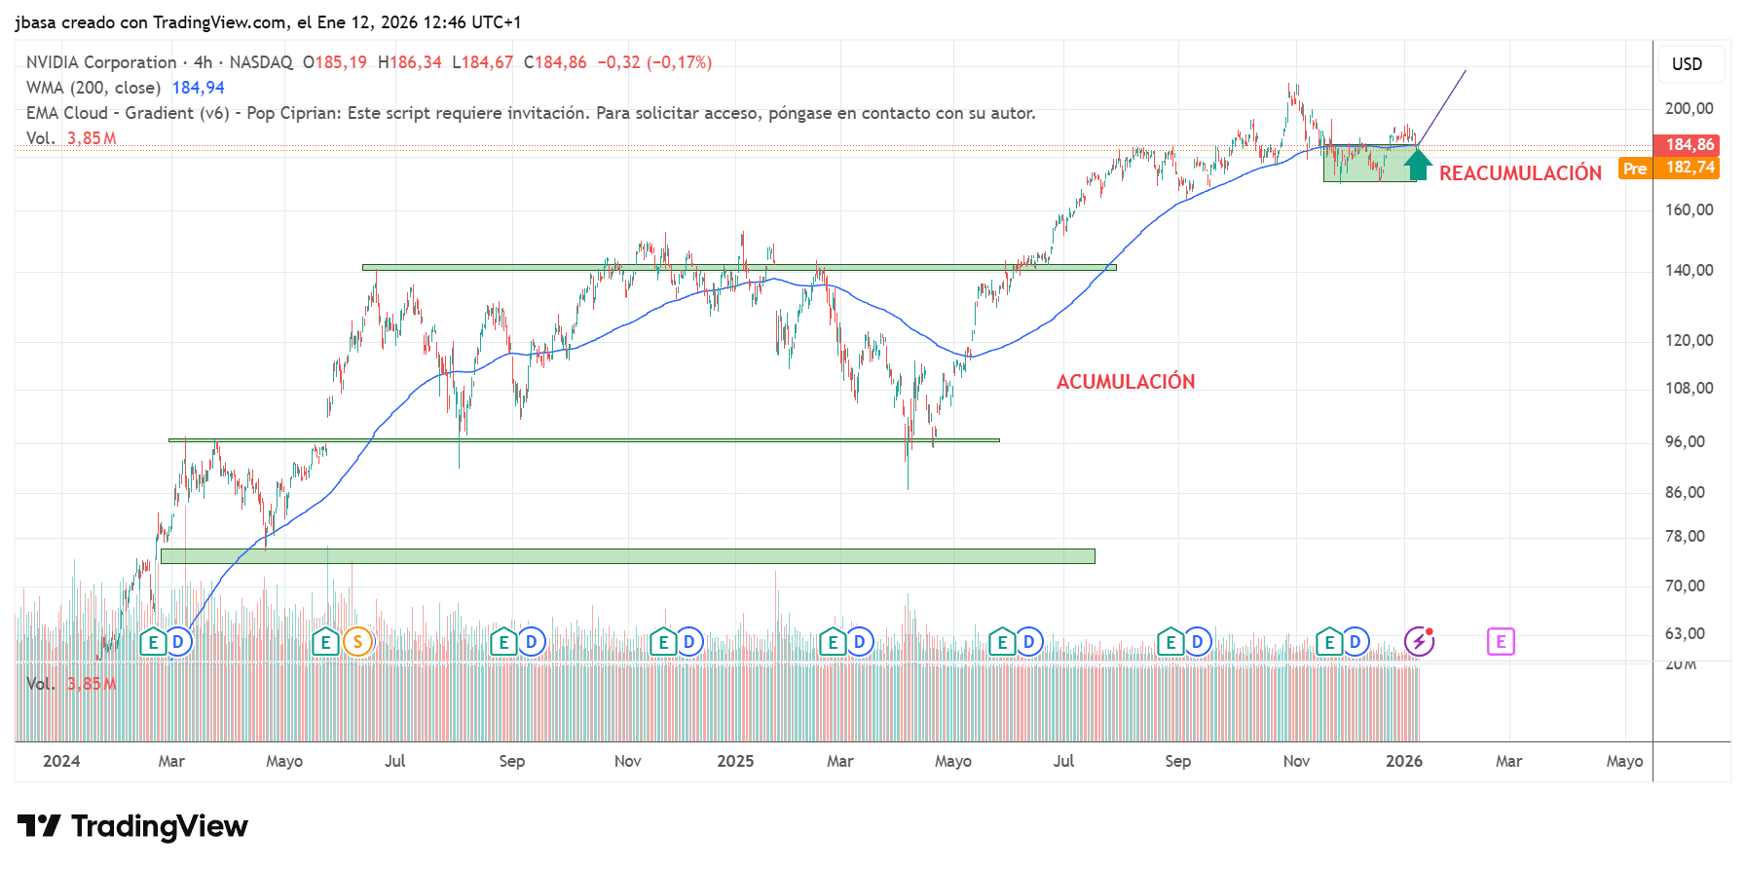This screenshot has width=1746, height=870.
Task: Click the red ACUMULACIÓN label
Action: coord(1125,382)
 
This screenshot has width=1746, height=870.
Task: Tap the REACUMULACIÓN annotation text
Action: coord(1520,173)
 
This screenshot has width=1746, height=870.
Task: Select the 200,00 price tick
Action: coord(1689,108)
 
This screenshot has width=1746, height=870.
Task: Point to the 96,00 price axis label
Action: coord(1685,441)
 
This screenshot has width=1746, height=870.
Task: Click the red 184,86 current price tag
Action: coord(1690,145)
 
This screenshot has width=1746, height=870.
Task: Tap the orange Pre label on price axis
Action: coord(1635,169)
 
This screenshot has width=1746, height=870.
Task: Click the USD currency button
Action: coord(1687,64)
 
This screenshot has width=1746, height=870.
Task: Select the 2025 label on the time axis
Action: coord(735,761)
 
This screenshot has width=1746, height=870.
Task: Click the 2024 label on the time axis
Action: coord(61,761)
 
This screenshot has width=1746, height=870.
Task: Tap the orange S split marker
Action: coord(357,642)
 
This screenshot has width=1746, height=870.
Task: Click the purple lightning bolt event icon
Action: coord(1419,641)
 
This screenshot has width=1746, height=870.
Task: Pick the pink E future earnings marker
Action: coord(1501,642)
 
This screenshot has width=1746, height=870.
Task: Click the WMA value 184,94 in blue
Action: coord(198,88)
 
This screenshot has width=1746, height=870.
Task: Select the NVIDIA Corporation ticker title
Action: coord(101,62)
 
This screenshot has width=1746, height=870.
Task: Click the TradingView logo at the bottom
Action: coord(132,826)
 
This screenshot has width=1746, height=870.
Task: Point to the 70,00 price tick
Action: coord(1685,586)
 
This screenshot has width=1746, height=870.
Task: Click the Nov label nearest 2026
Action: coord(1296,761)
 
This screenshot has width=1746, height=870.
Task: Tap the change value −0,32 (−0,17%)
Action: coord(654,62)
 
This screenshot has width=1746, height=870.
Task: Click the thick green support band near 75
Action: coord(627,556)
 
